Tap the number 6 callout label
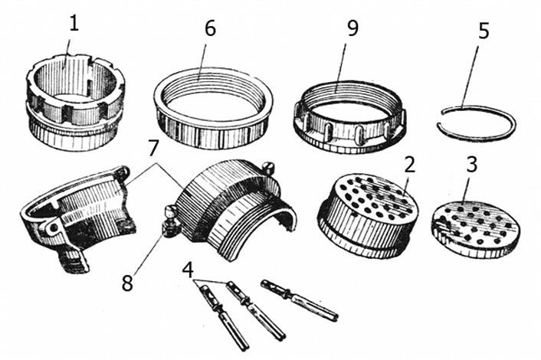coord(208,28)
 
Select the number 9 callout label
coord(351,28)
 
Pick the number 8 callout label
coord(127,281)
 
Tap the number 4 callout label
coord(189,270)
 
